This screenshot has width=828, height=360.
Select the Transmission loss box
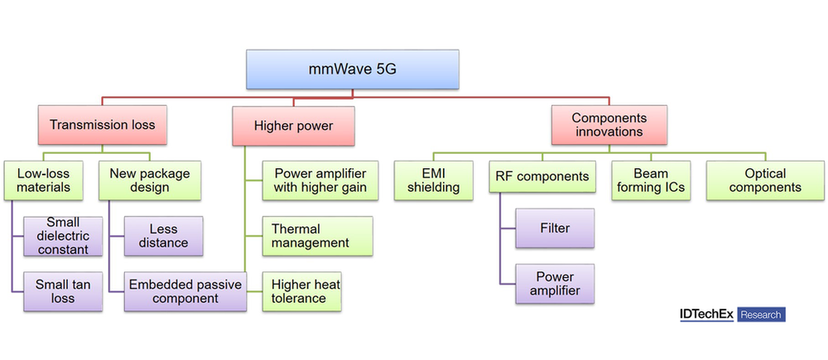(x=102, y=125)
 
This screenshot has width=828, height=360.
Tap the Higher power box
(x=294, y=125)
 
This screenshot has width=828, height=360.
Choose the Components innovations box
(x=609, y=125)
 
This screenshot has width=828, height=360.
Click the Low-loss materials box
(x=44, y=180)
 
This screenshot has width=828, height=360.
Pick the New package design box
(x=149, y=180)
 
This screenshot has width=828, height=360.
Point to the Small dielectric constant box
(x=62, y=235)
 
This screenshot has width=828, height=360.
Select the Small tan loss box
(x=62, y=291)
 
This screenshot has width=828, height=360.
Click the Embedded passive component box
(x=185, y=291)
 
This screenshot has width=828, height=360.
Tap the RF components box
(x=542, y=176)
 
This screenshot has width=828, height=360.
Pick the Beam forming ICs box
(x=650, y=180)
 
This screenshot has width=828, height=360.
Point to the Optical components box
(x=764, y=180)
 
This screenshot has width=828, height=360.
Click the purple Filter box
(x=555, y=228)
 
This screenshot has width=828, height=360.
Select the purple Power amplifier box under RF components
(x=555, y=283)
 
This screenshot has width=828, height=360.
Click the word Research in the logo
(x=759, y=314)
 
